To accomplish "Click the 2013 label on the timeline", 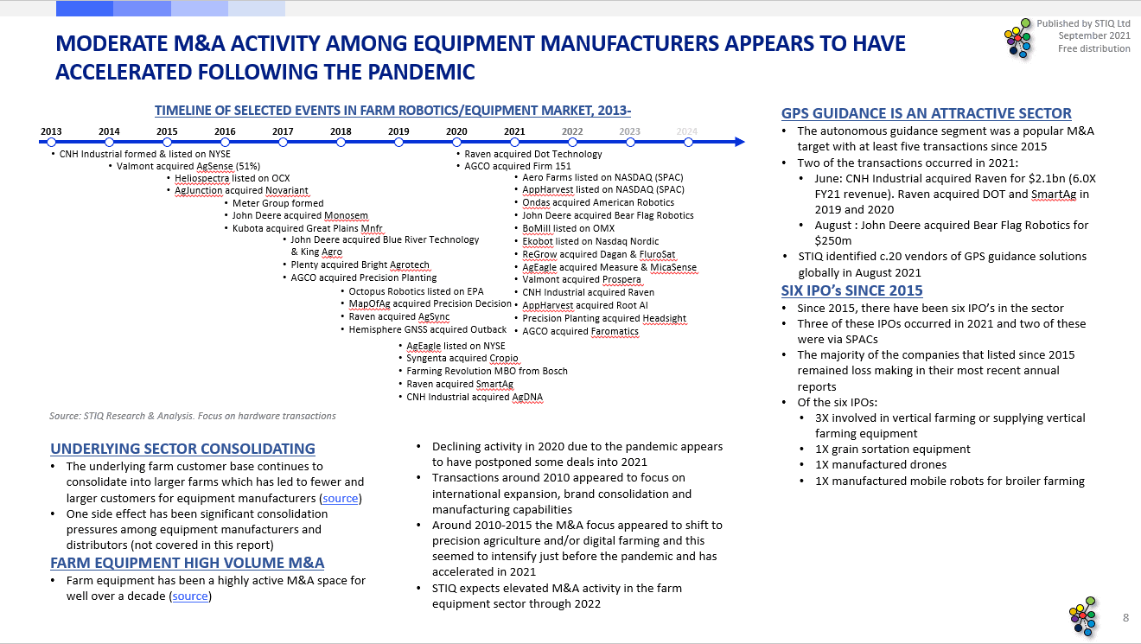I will [51, 131].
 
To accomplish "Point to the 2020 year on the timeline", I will [456, 131].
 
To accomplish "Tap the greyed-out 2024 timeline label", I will [687, 131].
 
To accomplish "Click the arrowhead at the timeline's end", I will [737, 142].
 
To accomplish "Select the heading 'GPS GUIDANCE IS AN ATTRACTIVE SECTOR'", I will [926, 113].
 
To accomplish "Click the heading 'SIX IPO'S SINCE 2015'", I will [851, 290].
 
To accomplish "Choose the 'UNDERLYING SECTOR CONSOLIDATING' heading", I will [182, 449].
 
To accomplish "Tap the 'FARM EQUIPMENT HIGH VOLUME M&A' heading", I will [188, 563].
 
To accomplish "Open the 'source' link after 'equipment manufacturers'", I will [341, 499].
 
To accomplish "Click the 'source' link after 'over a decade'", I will [190, 596].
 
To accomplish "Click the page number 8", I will [1125, 617].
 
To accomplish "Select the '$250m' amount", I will [833, 240].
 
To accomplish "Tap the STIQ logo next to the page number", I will [1084, 616].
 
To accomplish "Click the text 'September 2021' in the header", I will [1093, 35].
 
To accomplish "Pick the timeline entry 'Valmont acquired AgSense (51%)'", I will [188, 166].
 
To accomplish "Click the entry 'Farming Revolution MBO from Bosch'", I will [487, 371].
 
